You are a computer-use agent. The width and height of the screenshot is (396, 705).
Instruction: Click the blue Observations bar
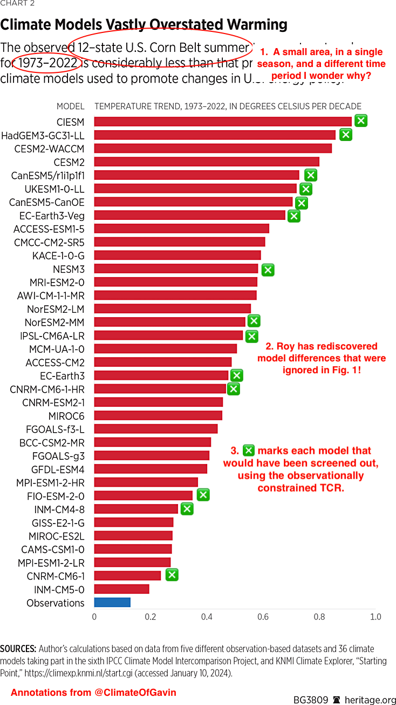(112, 602)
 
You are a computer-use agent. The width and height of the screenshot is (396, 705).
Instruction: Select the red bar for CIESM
(223, 122)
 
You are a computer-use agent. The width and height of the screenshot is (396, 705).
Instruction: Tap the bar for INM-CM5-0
(121, 589)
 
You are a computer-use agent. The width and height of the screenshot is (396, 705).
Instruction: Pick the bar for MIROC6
(158, 415)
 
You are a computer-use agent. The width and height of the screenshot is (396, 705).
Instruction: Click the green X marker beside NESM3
(268, 270)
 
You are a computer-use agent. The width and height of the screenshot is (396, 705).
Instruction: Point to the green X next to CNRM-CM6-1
(172, 575)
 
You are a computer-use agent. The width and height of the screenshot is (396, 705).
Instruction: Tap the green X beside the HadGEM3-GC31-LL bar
(345, 135)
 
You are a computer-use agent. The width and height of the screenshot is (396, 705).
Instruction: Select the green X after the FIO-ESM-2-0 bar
(203, 495)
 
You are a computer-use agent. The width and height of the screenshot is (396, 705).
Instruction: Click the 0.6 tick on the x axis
(263, 617)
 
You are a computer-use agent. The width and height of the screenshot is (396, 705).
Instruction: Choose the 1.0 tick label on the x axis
(375, 617)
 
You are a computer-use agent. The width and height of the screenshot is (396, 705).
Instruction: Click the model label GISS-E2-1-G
(58, 522)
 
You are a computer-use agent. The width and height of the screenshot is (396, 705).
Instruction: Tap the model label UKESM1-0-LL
(54, 189)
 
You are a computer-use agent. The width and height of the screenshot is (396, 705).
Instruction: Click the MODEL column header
(70, 106)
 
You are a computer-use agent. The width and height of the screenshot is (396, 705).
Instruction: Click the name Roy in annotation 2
(285, 346)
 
